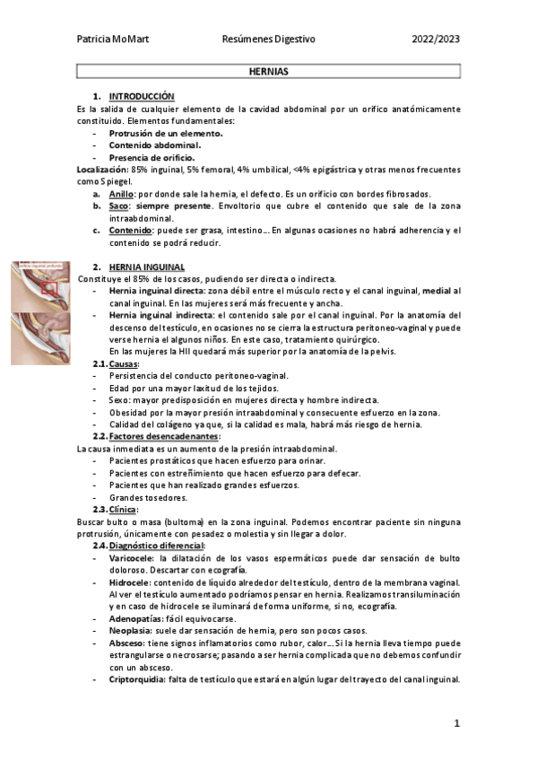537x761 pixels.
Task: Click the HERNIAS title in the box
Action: [268, 70]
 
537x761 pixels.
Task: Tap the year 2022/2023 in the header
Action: [436, 39]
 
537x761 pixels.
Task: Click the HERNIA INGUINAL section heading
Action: [146, 267]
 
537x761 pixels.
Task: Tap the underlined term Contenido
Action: [129, 230]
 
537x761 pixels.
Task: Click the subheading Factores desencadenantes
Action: [163, 436]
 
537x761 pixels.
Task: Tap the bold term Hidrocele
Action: [129, 582]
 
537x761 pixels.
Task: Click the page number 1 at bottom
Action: [456, 723]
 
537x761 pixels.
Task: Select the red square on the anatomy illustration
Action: [50, 287]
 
